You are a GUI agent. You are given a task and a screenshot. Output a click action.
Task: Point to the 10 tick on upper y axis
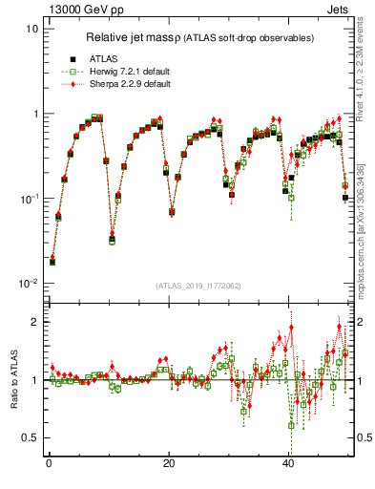pos(31,29)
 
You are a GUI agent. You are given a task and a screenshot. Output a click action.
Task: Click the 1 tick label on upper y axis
pos(34,114)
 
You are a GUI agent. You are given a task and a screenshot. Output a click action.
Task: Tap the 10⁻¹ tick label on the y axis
pos(29,199)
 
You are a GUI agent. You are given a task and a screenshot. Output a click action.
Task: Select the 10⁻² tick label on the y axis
pos(29,284)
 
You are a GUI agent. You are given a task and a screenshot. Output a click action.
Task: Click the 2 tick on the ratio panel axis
pos(34,322)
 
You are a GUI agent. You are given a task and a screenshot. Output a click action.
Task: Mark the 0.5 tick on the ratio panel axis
pos(31,437)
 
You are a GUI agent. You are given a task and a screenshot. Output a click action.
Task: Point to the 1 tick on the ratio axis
pos(34,380)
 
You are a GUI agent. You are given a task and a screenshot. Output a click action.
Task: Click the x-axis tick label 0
pos(49,465)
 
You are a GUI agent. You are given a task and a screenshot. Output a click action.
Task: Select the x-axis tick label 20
pos(169,465)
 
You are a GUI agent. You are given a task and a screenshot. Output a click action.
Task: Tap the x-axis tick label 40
pos(289,465)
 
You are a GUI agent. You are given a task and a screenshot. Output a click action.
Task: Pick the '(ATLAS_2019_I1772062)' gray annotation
pos(198,286)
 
